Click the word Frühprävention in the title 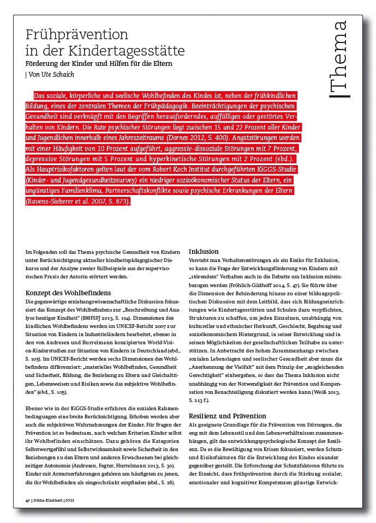pos(77,35)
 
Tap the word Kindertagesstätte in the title pos(126,51)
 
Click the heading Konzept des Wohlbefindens pos(68,291)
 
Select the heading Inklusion pos(204,252)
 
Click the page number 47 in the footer pos(28,500)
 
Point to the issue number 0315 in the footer pos(69,500)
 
